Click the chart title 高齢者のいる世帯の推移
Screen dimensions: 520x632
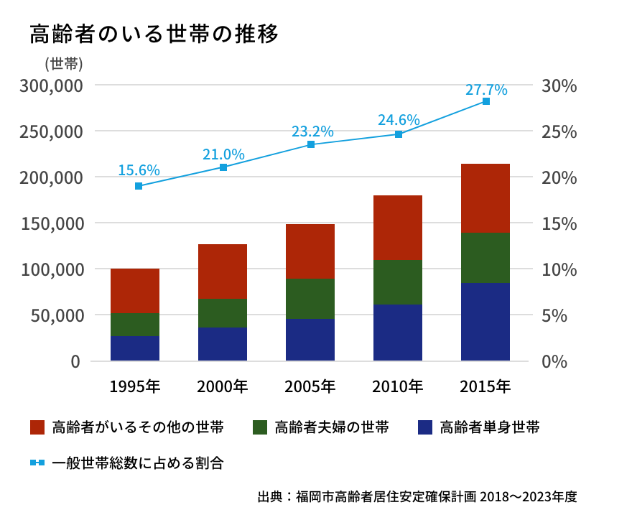[x=154, y=34]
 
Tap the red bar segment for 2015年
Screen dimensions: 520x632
[x=485, y=198]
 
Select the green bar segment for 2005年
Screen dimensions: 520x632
[x=310, y=299]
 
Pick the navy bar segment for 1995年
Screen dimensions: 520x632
[x=135, y=348]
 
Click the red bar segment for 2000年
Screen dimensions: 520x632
[x=223, y=271]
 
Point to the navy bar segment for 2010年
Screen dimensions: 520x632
[x=398, y=333]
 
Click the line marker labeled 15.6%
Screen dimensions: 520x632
[x=139, y=186]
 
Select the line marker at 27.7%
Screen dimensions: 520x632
[x=486, y=101]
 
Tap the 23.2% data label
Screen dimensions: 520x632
[x=312, y=131]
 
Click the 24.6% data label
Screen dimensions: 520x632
[x=399, y=120]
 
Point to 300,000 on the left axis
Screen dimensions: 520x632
[x=52, y=85]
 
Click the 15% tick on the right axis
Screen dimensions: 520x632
[x=559, y=223]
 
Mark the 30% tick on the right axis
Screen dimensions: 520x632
[x=559, y=85]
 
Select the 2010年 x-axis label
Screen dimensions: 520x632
[x=398, y=386]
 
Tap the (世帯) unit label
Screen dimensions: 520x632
[x=64, y=63]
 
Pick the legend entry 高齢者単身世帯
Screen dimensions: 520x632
[x=478, y=427]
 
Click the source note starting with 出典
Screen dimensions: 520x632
[x=417, y=496]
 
